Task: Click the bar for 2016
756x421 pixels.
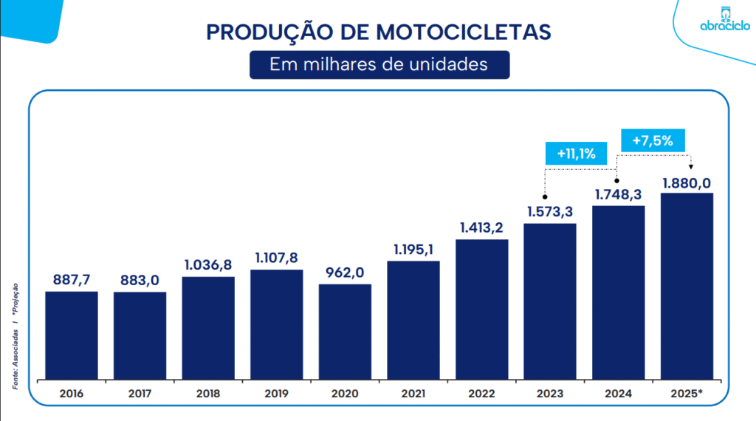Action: point(72,336)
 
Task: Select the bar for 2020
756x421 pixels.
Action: point(345,332)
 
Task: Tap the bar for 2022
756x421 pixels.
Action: point(481,310)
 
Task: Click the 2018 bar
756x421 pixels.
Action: point(208,329)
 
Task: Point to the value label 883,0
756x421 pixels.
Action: point(140,281)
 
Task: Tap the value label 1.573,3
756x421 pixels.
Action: point(550,212)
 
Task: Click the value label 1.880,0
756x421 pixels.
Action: point(687,182)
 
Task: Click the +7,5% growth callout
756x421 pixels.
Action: point(653,140)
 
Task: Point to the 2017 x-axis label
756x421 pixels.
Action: point(140,394)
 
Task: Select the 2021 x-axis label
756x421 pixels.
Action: point(413,394)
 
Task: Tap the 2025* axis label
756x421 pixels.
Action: point(687,394)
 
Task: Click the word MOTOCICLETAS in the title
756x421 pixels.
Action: point(464,32)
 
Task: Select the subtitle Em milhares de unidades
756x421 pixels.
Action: point(379,64)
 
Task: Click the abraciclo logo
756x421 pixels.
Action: point(724,20)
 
